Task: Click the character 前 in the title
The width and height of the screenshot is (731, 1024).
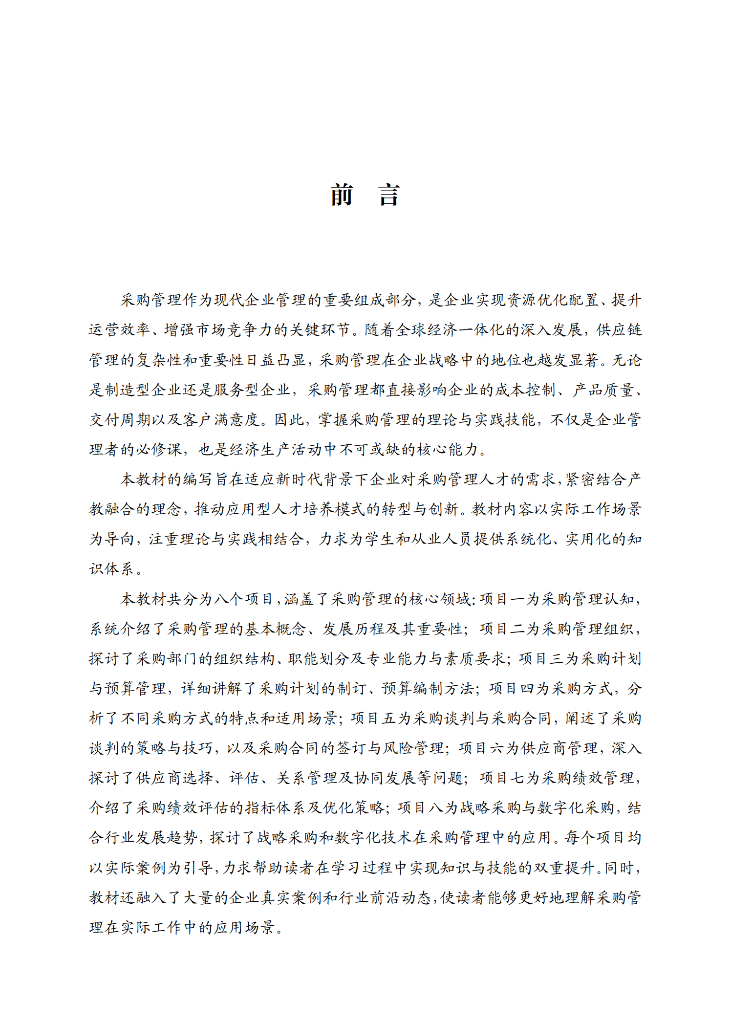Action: [342, 195]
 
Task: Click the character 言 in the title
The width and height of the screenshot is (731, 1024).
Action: [389, 195]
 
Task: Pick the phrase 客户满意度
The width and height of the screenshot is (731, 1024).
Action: [221, 420]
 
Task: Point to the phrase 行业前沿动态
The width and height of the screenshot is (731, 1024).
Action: [384, 898]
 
